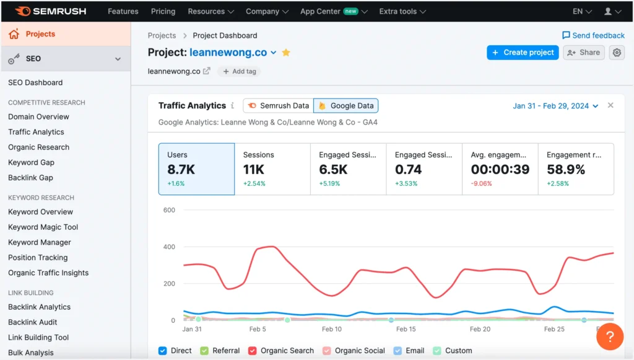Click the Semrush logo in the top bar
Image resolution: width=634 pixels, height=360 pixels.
pyautogui.click(x=50, y=11)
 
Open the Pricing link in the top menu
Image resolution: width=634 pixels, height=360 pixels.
pyautogui.click(x=163, y=11)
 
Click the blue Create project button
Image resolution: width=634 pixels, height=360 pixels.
pyautogui.click(x=523, y=53)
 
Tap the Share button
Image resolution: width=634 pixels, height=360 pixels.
pyautogui.click(x=583, y=53)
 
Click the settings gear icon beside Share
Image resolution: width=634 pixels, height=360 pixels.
pyautogui.click(x=617, y=53)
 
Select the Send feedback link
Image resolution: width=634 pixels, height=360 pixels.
pyautogui.click(x=593, y=35)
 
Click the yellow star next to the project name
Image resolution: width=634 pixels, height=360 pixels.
pyautogui.click(x=286, y=53)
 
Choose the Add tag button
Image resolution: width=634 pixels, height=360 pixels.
pyautogui.click(x=239, y=71)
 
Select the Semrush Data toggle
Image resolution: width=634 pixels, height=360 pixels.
pyautogui.click(x=278, y=106)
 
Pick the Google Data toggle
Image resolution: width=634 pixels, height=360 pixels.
pyautogui.click(x=346, y=106)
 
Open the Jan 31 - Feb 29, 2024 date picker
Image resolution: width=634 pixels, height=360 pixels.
pyautogui.click(x=555, y=106)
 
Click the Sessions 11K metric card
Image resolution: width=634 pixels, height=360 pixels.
pyautogui.click(x=272, y=169)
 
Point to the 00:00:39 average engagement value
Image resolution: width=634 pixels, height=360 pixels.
pyautogui.click(x=500, y=169)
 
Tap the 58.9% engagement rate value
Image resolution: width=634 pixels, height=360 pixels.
pyautogui.click(x=566, y=169)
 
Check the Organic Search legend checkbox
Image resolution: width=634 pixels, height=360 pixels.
pyautogui.click(x=253, y=351)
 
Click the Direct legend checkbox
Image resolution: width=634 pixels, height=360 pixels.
pyautogui.click(x=163, y=351)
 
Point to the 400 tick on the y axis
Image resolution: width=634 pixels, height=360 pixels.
pyautogui.click(x=169, y=247)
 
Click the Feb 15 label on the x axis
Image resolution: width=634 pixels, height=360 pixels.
pyautogui.click(x=406, y=329)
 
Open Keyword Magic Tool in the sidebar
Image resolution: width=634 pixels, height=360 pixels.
pyautogui.click(x=43, y=227)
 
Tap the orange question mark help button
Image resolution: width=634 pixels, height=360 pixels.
pyautogui.click(x=610, y=336)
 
